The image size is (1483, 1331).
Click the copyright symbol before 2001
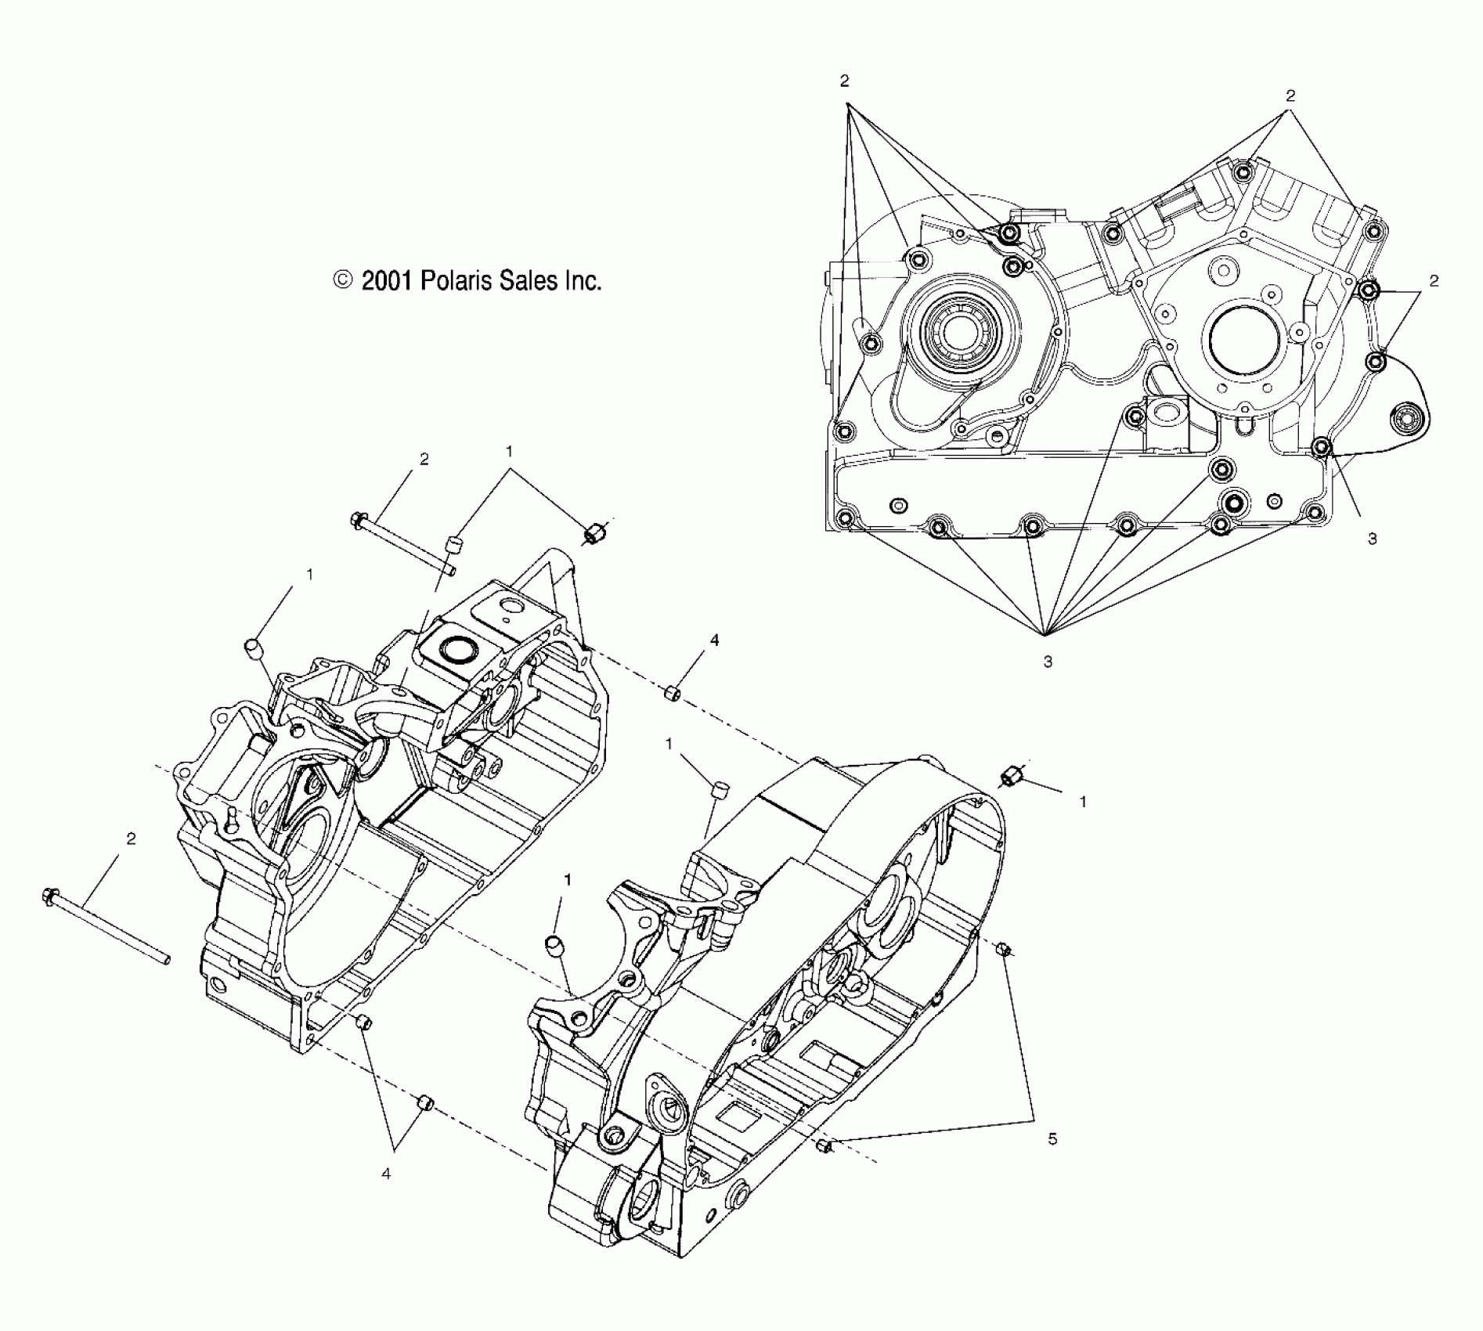[343, 280]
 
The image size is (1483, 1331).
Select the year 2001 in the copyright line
[386, 280]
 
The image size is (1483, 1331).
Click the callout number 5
[1052, 1139]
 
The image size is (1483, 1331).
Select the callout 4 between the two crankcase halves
[714, 640]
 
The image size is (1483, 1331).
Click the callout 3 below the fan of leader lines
[1048, 662]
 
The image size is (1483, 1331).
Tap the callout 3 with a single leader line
[1372, 539]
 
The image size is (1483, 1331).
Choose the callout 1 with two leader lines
[510, 451]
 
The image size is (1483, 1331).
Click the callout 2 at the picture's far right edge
[1434, 280]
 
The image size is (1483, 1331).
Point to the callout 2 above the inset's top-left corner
[844, 81]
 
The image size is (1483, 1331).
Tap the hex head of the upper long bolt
[358, 519]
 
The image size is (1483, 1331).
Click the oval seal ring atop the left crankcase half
[456, 648]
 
